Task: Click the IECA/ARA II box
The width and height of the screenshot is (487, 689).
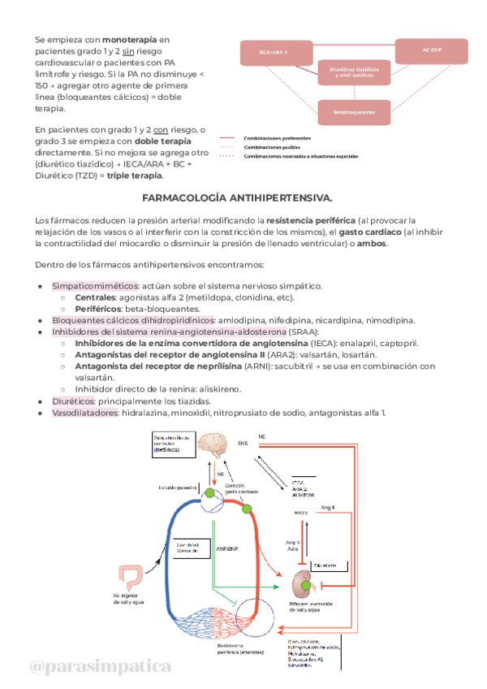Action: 273,54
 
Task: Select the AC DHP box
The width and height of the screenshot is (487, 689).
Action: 430,50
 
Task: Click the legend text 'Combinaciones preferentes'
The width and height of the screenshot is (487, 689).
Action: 290,138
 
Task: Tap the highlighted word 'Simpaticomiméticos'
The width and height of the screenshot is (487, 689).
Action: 94,286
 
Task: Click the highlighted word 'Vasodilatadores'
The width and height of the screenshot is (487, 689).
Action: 84,413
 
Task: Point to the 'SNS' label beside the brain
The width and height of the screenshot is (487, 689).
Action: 243,444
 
